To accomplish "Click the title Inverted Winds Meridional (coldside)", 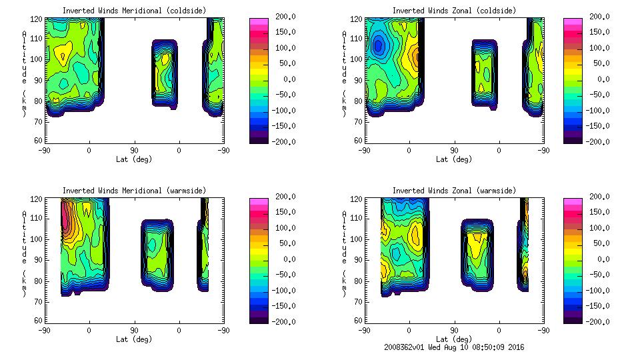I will [134, 11].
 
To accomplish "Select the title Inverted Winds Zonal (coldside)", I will [454, 11].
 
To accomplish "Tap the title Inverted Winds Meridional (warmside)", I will [134, 191].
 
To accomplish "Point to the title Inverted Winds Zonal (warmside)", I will [454, 191].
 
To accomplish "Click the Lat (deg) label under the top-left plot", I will [134, 159].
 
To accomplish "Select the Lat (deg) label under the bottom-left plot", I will [134, 339].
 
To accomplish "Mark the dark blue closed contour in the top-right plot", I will [379, 45].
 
